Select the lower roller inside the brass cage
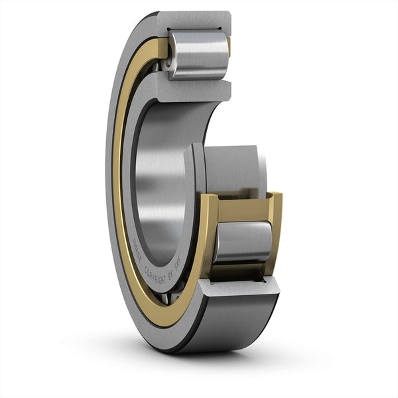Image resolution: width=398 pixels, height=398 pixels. click(x=243, y=241)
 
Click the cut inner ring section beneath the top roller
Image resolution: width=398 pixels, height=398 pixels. click(x=192, y=90)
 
